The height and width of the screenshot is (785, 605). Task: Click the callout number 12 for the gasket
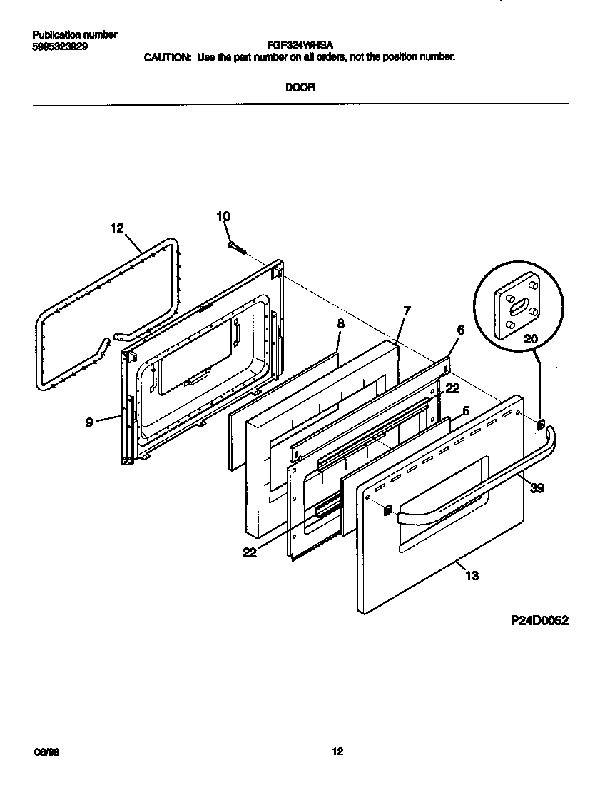116,228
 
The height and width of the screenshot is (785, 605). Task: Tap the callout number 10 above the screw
223,216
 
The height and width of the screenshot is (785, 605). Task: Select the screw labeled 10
236,247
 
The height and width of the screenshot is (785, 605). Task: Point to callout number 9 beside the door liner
89,422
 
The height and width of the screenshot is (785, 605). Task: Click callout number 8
340,323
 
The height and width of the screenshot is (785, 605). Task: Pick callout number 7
407,310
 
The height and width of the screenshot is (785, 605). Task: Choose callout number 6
460,330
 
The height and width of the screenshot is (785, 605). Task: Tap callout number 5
465,411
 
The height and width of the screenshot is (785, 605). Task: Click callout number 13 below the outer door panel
472,575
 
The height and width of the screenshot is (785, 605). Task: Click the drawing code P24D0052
539,621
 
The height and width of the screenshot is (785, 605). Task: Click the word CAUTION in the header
167,56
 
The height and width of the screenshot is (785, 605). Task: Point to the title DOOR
300,88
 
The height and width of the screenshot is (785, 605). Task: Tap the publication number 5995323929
61,45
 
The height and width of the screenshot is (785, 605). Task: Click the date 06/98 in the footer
44,751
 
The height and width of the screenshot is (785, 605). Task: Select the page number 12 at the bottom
337,751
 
